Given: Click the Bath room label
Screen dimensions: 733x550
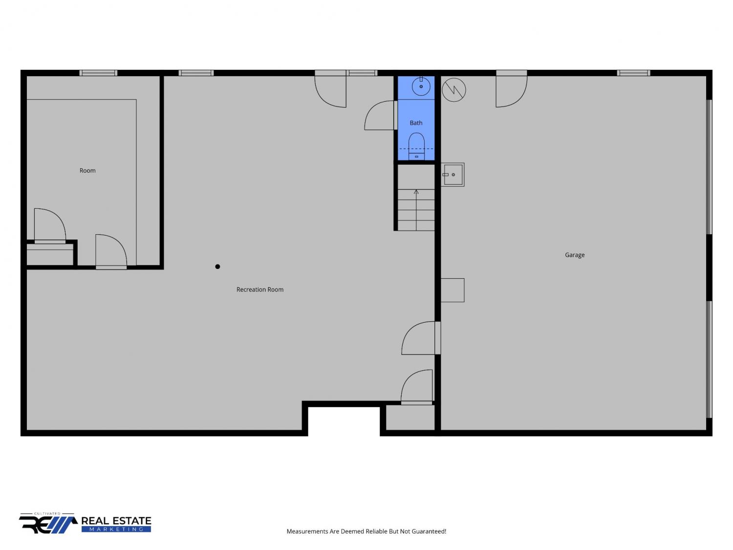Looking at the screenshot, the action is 416,123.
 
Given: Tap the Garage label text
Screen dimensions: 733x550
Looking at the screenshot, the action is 574,255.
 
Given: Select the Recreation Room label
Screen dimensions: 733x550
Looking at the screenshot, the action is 260,289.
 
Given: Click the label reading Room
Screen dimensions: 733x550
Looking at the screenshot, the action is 87,171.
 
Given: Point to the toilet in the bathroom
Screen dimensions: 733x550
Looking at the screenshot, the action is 416,146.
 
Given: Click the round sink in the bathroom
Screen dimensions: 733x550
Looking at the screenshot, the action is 421,86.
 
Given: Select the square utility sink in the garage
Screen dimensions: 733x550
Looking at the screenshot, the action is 453,175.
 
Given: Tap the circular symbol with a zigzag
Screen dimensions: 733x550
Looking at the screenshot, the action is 453,90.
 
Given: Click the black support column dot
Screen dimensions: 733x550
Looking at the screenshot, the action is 217,266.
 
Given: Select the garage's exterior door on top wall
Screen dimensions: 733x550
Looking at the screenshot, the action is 511,89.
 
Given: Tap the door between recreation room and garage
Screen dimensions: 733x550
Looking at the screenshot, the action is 421,338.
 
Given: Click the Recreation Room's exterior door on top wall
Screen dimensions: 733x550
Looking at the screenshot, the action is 330,89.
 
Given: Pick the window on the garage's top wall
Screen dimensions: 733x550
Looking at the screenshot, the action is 633,73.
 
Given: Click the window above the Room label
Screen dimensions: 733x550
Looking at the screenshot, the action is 98,73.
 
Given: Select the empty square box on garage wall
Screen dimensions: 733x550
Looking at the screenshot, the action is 453,290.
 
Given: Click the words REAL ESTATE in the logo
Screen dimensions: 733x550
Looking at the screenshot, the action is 116,521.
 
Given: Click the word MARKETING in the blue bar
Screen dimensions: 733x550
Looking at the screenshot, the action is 116,529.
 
